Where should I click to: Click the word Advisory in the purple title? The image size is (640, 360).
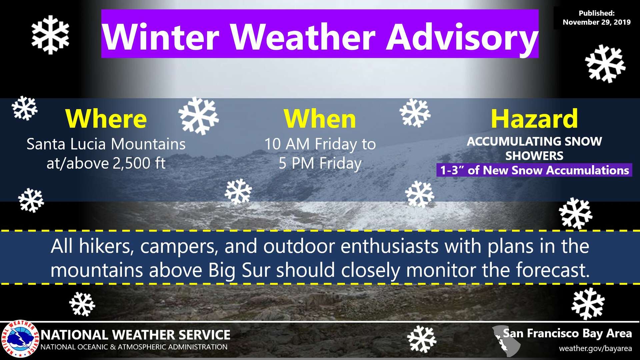point(462,37)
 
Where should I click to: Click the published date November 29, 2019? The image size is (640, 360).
point(597,22)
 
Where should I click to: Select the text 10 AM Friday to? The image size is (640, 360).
point(320,144)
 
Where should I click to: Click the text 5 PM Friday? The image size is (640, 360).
point(320,163)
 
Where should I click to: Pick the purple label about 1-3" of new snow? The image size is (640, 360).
point(534,170)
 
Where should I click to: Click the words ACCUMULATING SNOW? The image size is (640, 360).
point(534,141)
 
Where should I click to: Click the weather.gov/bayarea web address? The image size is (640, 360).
point(595,349)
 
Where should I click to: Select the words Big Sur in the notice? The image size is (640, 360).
point(239,270)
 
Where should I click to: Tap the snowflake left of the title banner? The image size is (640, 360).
point(50,35)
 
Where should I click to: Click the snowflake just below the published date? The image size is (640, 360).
point(605,64)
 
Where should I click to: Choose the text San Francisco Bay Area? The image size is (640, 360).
point(567,333)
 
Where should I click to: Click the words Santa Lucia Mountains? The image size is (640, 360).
point(106,144)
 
